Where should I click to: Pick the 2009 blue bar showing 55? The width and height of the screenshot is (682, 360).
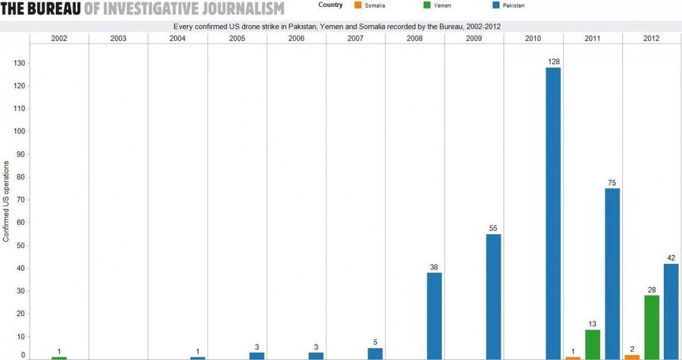493,297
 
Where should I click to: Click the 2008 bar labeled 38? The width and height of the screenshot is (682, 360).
434,315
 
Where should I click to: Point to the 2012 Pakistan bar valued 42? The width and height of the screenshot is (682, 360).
672,311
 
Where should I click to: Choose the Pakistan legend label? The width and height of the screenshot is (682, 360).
514,6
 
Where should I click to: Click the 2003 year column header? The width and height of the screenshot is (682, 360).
118,38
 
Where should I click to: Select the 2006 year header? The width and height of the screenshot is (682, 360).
296,38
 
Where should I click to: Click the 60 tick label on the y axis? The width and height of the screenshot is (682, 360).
21,223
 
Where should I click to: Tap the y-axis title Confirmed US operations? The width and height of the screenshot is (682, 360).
6,201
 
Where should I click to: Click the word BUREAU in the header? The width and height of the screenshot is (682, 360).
55,9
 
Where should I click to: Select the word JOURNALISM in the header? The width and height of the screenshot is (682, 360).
241,9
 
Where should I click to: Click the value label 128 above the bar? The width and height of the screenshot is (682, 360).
553,61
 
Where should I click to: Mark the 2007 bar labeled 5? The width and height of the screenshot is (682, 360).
375,353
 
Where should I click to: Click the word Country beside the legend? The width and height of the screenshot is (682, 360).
330,5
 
